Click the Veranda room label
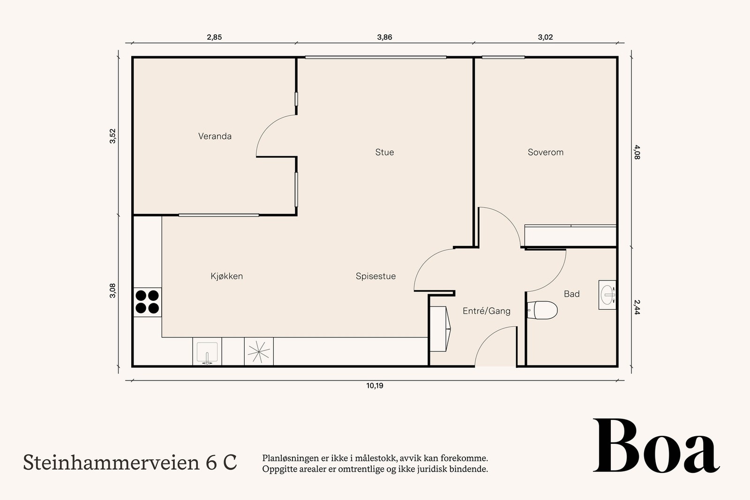(x=215, y=136)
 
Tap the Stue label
(x=384, y=152)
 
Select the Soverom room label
(x=545, y=152)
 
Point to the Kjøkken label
(x=227, y=276)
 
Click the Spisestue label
(x=375, y=276)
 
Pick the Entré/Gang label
(x=486, y=311)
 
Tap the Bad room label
(x=571, y=294)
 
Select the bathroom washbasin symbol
(x=607, y=295)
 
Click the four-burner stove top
(x=147, y=302)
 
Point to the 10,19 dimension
(x=375, y=386)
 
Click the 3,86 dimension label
(x=384, y=37)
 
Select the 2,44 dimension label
(x=637, y=307)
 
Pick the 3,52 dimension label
(x=112, y=136)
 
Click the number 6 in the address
(x=211, y=463)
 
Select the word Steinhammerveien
(x=111, y=463)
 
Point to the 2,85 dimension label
(x=214, y=37)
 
